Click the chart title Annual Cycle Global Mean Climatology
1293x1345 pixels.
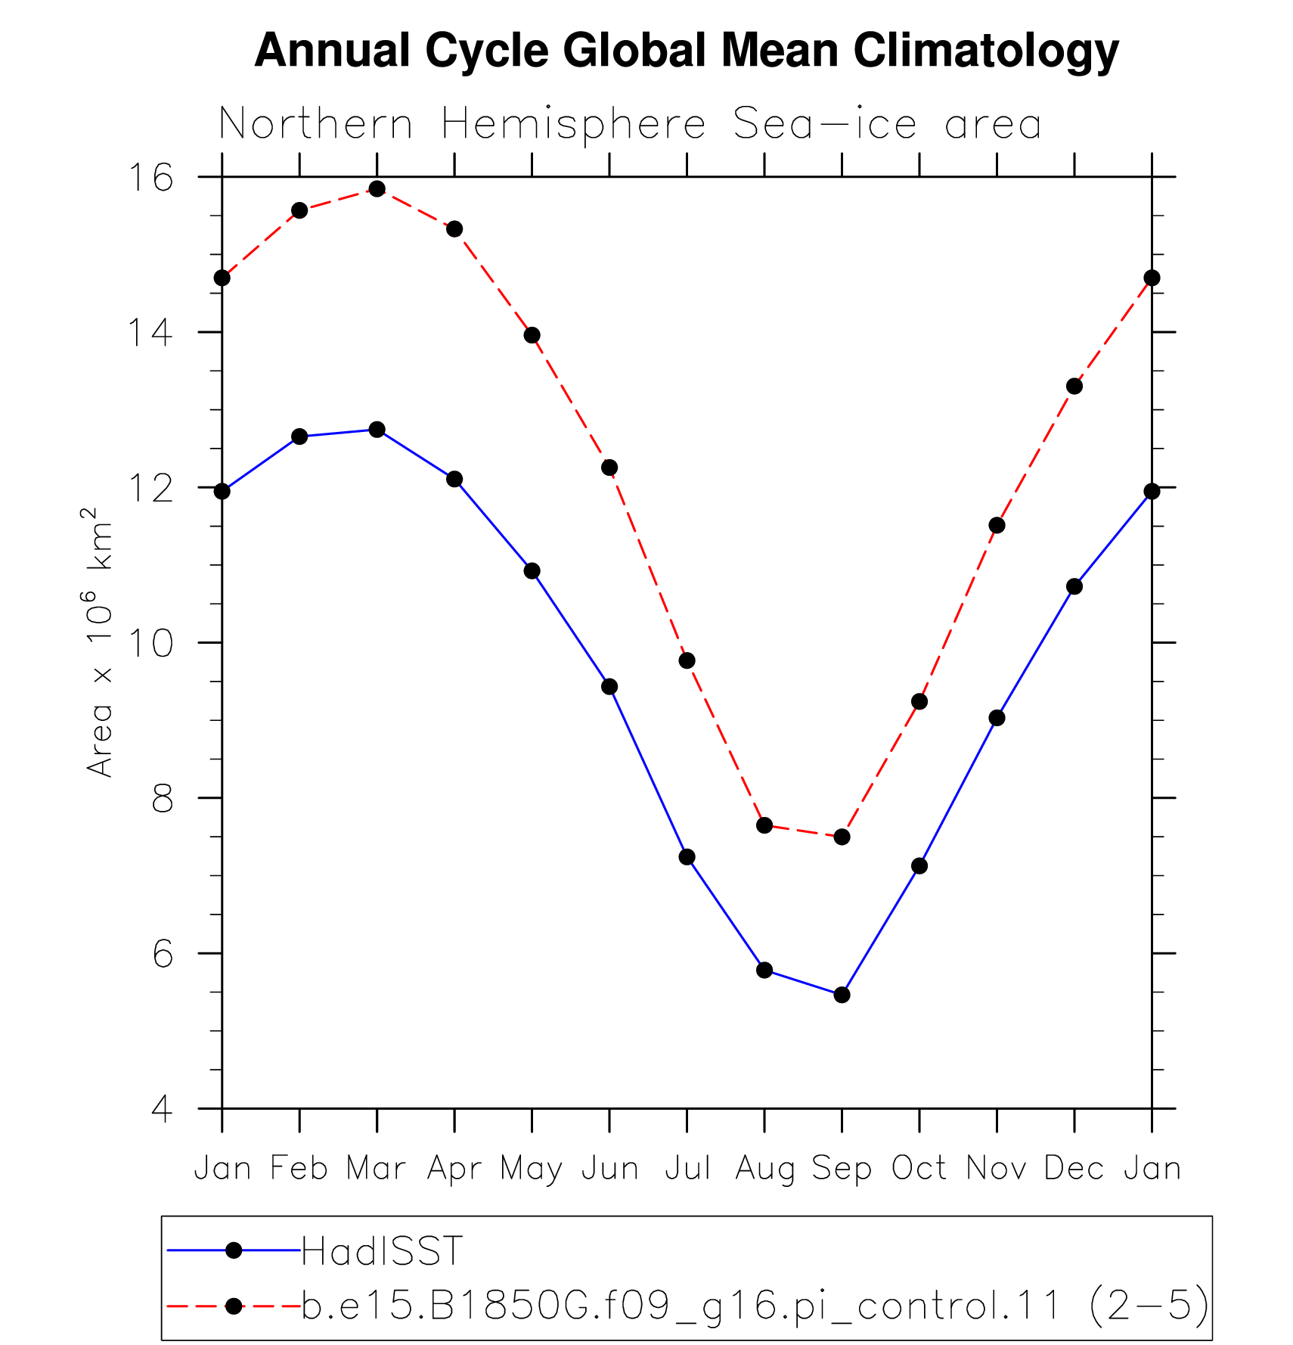(687, 51)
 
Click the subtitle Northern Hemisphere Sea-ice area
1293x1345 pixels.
(630, 124)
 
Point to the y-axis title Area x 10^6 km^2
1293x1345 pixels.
(99, 642)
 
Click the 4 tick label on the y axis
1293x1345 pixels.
(163, 1109)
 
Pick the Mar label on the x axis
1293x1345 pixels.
(377, 1169)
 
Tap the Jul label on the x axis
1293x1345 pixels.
(687, 1169)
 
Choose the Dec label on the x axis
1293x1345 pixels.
(1074, 1169)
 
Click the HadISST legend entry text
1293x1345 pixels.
(382, 1251)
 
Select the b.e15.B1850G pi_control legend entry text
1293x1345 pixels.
(755, 1306)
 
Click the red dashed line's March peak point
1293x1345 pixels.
(377, 188)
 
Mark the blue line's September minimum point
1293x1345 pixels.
(842, 995)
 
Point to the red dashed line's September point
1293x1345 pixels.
(842, 837)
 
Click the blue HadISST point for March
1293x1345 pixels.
(377, 430)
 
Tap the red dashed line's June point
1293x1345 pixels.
(609, 467)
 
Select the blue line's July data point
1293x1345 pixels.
(687, 857)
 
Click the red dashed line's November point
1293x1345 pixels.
(997, 525)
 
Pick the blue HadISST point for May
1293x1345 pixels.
(532, 570)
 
